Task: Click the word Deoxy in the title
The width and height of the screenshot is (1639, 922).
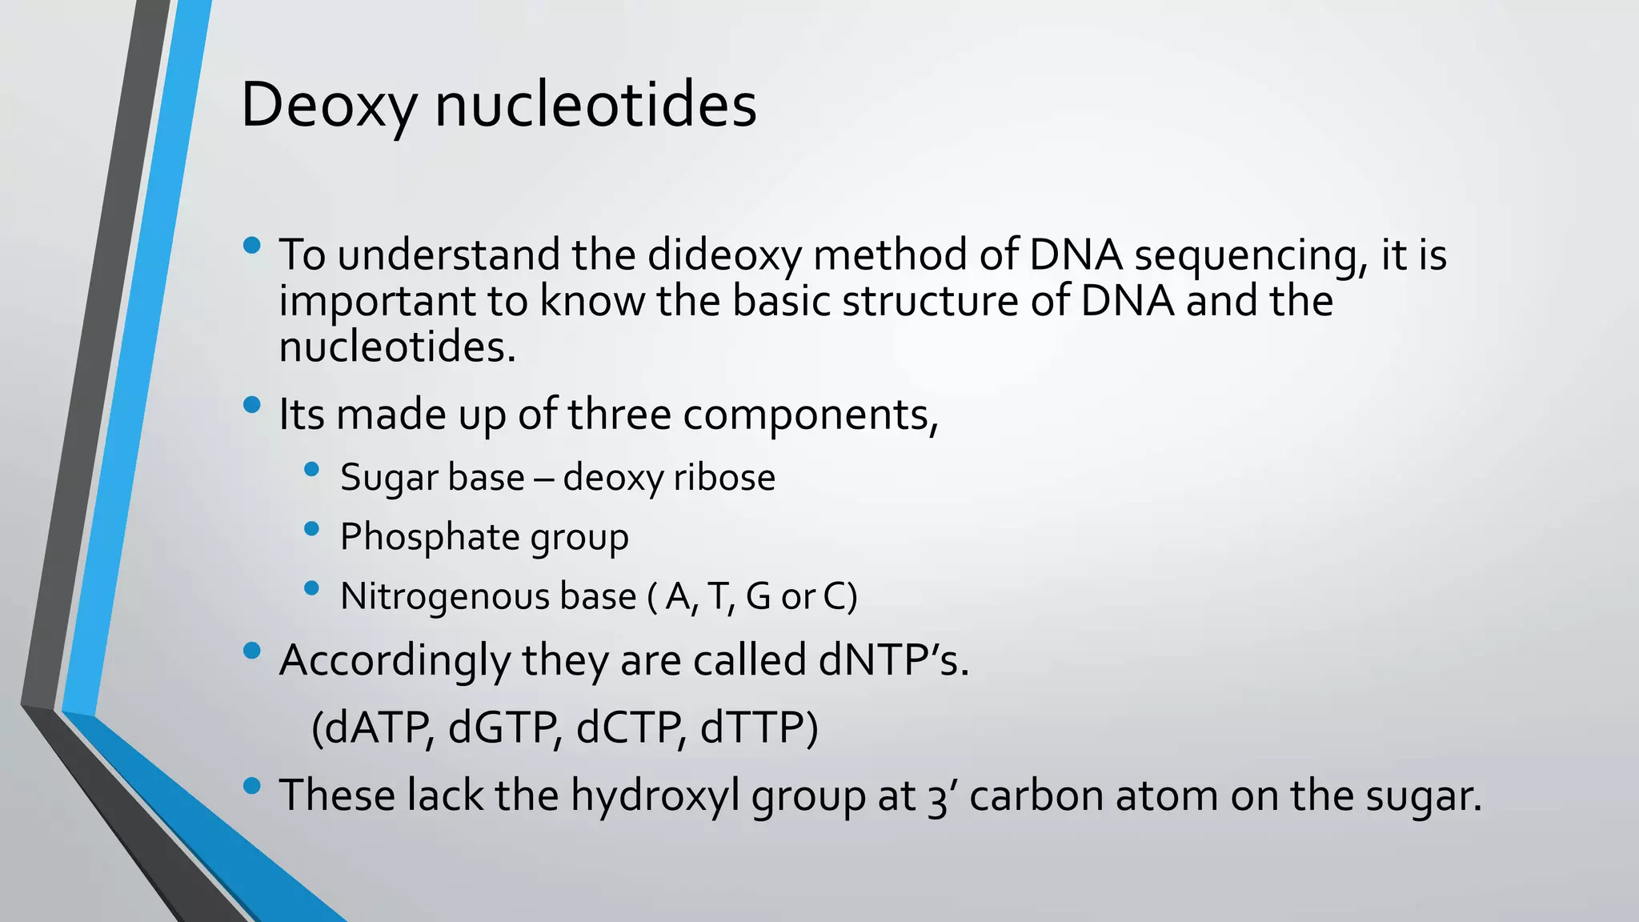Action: click(329, 106)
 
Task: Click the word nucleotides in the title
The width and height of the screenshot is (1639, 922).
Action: click(595, 106)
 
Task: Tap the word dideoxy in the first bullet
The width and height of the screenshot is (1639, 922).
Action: click(723, 256)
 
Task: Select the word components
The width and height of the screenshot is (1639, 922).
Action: click(809, 415)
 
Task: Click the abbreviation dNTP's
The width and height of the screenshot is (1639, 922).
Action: click(894, 661)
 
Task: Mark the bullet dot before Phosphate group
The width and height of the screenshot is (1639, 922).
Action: click(312, 528)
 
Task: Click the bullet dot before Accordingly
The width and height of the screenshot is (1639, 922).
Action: click(251, 651)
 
